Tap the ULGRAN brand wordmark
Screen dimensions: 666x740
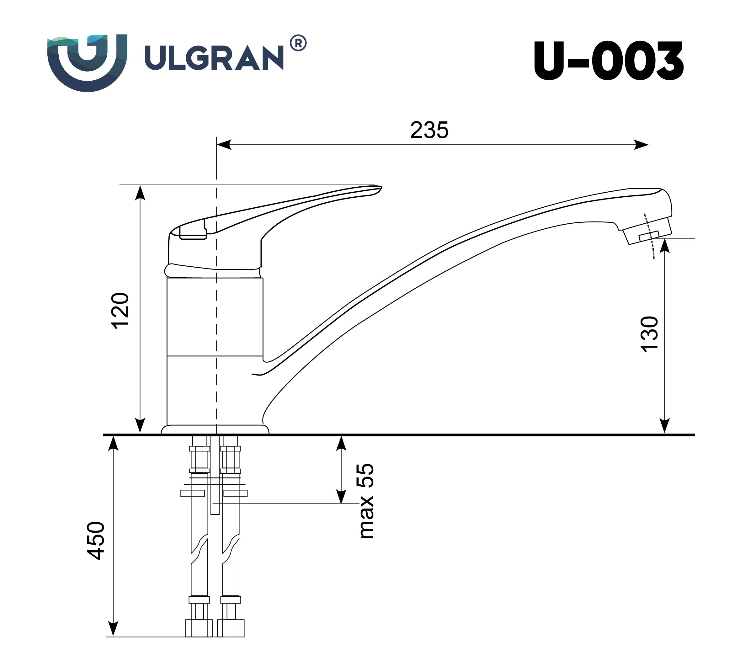tap(214, 58)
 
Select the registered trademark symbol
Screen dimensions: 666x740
tap(298, 44)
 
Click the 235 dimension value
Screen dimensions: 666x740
tap(429, 130)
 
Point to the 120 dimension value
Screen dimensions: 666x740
tap(120, 311)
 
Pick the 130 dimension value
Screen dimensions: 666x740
tap(650, 334)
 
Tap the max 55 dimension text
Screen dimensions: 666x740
tap(366, 501)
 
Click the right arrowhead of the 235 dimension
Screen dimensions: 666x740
tap(642, 145)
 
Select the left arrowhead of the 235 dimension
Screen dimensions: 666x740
tap(224, 145)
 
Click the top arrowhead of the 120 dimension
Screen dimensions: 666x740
tap(140, 193)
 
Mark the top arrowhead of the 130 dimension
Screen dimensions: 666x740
tap(665, 246)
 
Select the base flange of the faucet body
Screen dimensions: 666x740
tap(215, 429)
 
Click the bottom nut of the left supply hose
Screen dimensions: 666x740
tap(199, 628)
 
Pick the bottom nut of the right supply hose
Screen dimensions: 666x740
tap(231, 628)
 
